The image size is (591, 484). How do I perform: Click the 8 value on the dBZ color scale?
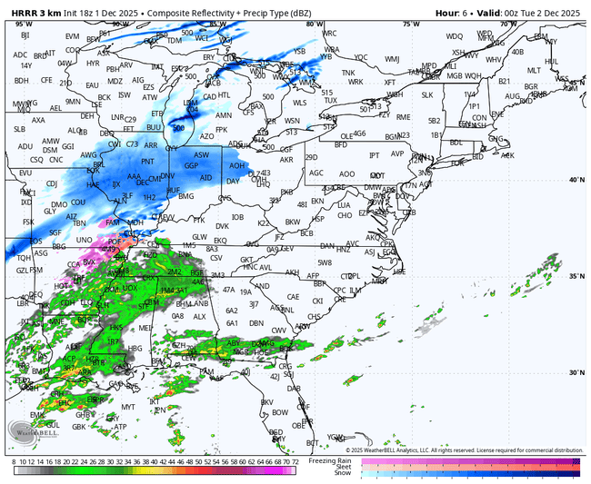pyautogui.click(x=15, y=462)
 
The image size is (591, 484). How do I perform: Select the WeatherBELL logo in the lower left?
pyautogui.click(x=27, y=434)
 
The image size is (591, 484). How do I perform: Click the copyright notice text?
pyautogui.click(x=464, y=450)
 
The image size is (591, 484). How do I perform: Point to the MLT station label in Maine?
pyautogui.click(x=535, y=70)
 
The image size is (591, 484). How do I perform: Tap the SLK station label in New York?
pyautogui.click(x=427, y=94)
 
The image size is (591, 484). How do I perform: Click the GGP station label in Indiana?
pyautogui.click(x=191, y=166)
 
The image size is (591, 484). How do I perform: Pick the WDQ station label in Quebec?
pyautogui.click(x=454, y=36)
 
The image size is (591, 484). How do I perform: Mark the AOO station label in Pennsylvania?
pyautogui.click(x=346, y=173)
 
